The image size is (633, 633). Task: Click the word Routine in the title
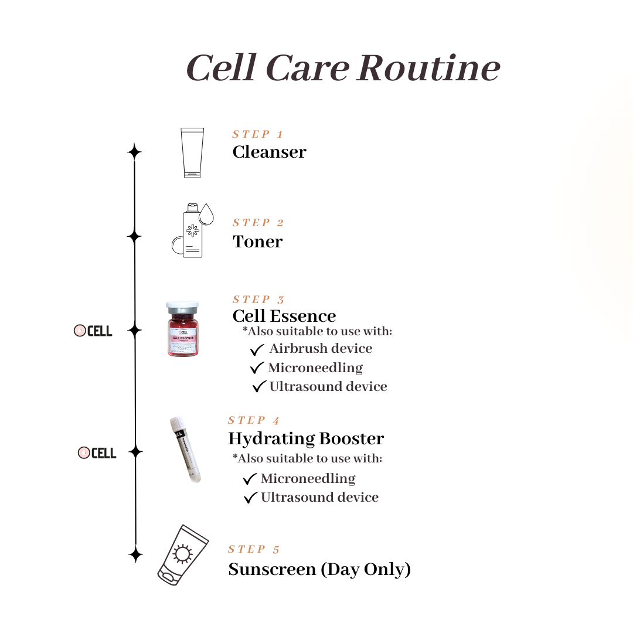tap(428, 68)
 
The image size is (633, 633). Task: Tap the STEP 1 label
tap(258, 134)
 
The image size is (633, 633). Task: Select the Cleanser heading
tap(269, 152)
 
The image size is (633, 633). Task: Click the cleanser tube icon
tap(192, 152)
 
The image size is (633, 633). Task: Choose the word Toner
tap(257, 241)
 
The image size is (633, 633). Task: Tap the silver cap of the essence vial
tap(182, 307)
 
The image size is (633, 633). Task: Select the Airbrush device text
tap(321, 348)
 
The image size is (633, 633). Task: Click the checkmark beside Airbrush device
tap(257, 350)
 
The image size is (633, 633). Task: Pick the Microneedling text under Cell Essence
tap(315, 367)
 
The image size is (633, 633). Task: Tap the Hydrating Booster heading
tap(306, 438)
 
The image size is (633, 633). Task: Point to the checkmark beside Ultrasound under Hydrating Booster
tap(251, 498)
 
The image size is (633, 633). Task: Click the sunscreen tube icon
tap(182, 554)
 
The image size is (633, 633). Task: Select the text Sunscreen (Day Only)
tap(319, 569)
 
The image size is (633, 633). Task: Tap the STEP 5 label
tap(254, 549)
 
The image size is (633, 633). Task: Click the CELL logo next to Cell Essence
tap(93, 331)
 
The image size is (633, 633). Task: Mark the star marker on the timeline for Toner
tap(135, 237)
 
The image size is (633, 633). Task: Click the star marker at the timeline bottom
tap(135, 554)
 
